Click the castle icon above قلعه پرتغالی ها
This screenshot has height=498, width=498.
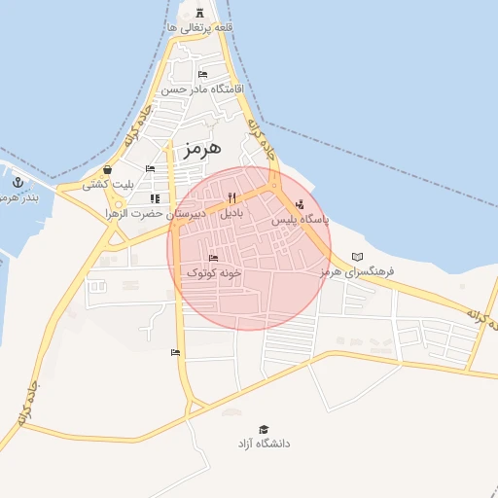click(200, 13)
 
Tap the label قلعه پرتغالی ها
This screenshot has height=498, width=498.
click(200, 28)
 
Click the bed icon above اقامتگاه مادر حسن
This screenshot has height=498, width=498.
click(202, 74)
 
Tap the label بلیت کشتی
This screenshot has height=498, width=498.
click(107, 183)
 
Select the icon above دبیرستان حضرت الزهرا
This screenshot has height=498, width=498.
click(155, 198)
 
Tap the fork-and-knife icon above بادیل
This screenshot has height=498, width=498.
click(231, 198)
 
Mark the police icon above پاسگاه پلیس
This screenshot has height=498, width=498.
click(300, 205)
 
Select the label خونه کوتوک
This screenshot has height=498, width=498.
click(213, 273)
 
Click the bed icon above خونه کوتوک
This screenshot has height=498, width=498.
click(213, 259)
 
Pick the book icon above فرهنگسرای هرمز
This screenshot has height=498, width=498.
click(357, 257)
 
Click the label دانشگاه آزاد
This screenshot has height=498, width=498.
click(265, 444)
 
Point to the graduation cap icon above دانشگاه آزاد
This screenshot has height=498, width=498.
click(265, 429)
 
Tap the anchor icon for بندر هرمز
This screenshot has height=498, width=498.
click(18, 181)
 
